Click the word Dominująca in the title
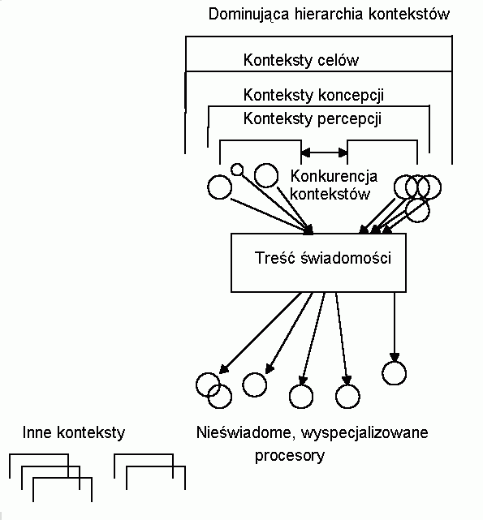coord(248,15)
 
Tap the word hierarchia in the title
coord(330,14)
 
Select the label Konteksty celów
coord(300,60)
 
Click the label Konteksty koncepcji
coord(313,95)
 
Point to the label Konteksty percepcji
coord(313,118)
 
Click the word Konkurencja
coord(334,176)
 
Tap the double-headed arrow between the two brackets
coord(325,153)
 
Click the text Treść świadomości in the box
coord(322,258)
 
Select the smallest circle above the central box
coord(237,170)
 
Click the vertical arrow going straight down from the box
coord(395,327)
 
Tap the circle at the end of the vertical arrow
coord(394,373)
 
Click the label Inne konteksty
coord(74,432)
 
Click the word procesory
coord(290,456)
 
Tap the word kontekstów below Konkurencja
coord(330,194)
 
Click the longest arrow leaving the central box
coord(261,333)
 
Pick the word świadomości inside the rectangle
coord(346,258)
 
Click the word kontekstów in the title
coord(409,14)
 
